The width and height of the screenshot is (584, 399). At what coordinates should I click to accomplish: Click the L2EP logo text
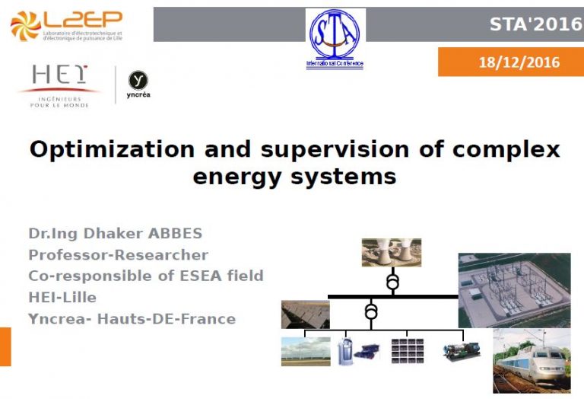click(83, 20)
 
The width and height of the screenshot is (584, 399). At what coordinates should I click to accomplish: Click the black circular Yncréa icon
click(137, 80)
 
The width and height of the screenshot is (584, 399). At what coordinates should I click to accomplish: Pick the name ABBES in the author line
click(176, 233)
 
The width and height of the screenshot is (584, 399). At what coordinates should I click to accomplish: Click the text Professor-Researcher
click(118, 254)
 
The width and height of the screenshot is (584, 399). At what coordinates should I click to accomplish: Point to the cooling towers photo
click(391, 252)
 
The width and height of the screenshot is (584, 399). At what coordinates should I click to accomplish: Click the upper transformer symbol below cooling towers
click(392, 282)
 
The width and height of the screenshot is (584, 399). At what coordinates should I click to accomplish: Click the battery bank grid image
click(406, 350)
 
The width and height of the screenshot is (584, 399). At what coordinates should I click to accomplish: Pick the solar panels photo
click(305, 314)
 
